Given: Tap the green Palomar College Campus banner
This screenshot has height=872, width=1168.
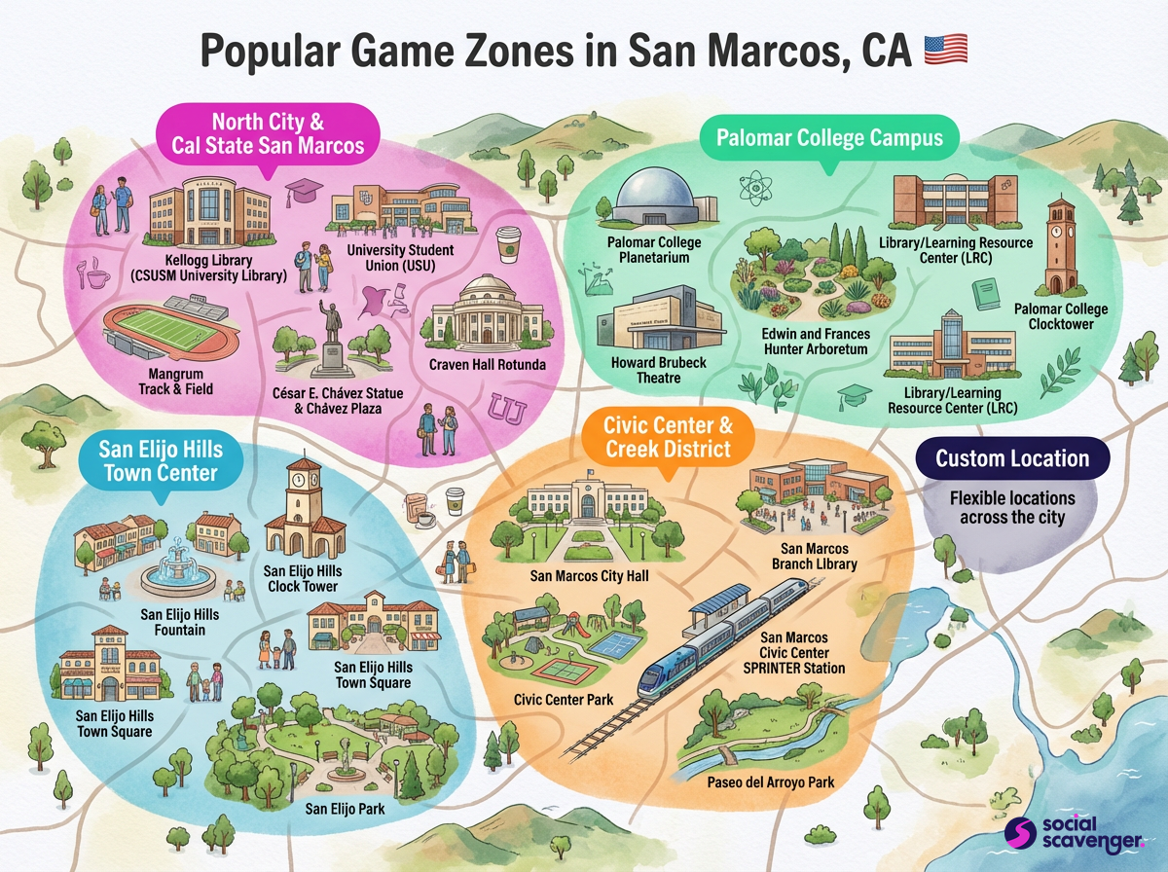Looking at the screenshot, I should coord(829,138).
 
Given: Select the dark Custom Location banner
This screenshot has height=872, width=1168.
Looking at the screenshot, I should coord(1012,458).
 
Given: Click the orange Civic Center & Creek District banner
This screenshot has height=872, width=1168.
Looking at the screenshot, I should coord(667,437).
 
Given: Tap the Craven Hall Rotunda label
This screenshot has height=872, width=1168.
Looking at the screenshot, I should coord(487,365).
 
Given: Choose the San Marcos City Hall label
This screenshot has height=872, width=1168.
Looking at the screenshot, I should coord(589,576).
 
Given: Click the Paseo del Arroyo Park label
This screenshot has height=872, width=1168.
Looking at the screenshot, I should coord(770,781).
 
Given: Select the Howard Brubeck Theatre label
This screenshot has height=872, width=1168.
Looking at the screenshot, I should coord(658,370).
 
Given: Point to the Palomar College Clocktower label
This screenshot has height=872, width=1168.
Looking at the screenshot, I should coord(1067,316).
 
